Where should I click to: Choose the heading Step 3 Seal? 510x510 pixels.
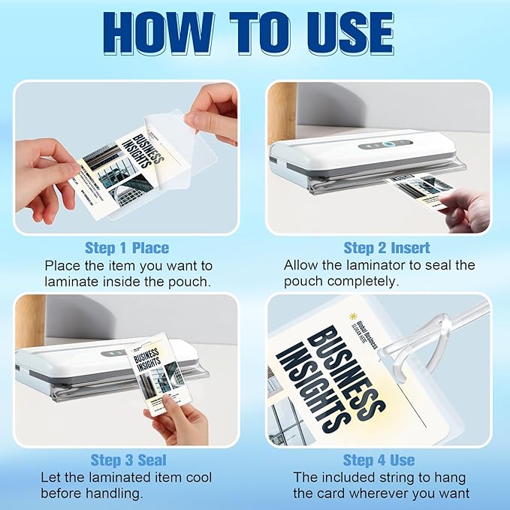(128, 460)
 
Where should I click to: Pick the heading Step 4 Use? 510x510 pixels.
(379, 460)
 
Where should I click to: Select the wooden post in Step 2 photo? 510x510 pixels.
(282, 113)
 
